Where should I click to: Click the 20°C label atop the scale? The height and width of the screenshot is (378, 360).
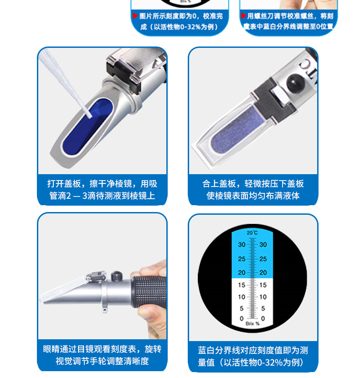point(252,233)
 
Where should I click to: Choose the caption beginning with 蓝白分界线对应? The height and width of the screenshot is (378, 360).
point(253,356)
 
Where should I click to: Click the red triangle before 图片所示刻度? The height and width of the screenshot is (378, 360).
point(135,16)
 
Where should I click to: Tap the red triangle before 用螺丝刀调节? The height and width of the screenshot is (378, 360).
point(244,16)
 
